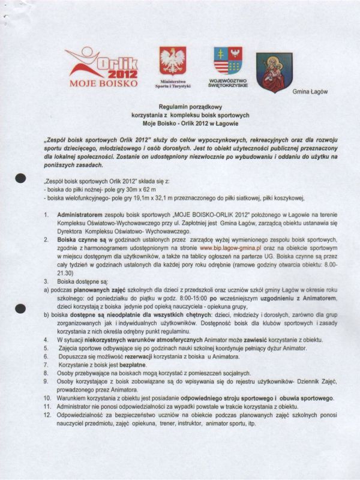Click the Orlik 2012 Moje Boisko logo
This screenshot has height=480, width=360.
point(103,66)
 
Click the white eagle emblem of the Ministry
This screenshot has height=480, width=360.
point(172,61)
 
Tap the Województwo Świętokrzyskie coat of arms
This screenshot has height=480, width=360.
point(228,61)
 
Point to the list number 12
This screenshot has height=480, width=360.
point(46,415)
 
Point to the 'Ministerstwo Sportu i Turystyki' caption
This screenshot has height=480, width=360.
point(172,83)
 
